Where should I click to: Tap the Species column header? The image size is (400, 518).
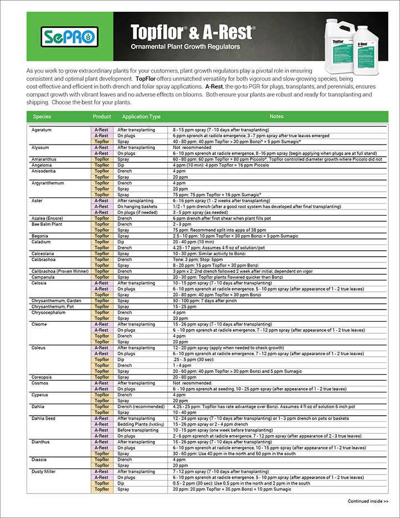click(x=42, y=117)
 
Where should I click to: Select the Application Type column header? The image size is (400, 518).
click(x=141, y=117)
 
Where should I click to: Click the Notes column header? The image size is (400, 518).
click(x=277, y=117)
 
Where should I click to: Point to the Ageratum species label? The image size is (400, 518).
click(x=42, y=130)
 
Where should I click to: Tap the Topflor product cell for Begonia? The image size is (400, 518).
click(x=102, y=236)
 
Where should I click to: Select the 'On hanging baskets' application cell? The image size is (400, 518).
click(x=137, y=207)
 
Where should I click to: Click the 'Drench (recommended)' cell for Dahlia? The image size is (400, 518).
click(x=141, y=407)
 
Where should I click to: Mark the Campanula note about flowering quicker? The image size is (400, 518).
click(x=219, y=277)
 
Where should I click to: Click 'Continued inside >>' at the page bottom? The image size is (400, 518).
click(x=368, y=501)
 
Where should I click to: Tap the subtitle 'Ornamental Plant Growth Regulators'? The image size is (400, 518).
click(x=185, y=47)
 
